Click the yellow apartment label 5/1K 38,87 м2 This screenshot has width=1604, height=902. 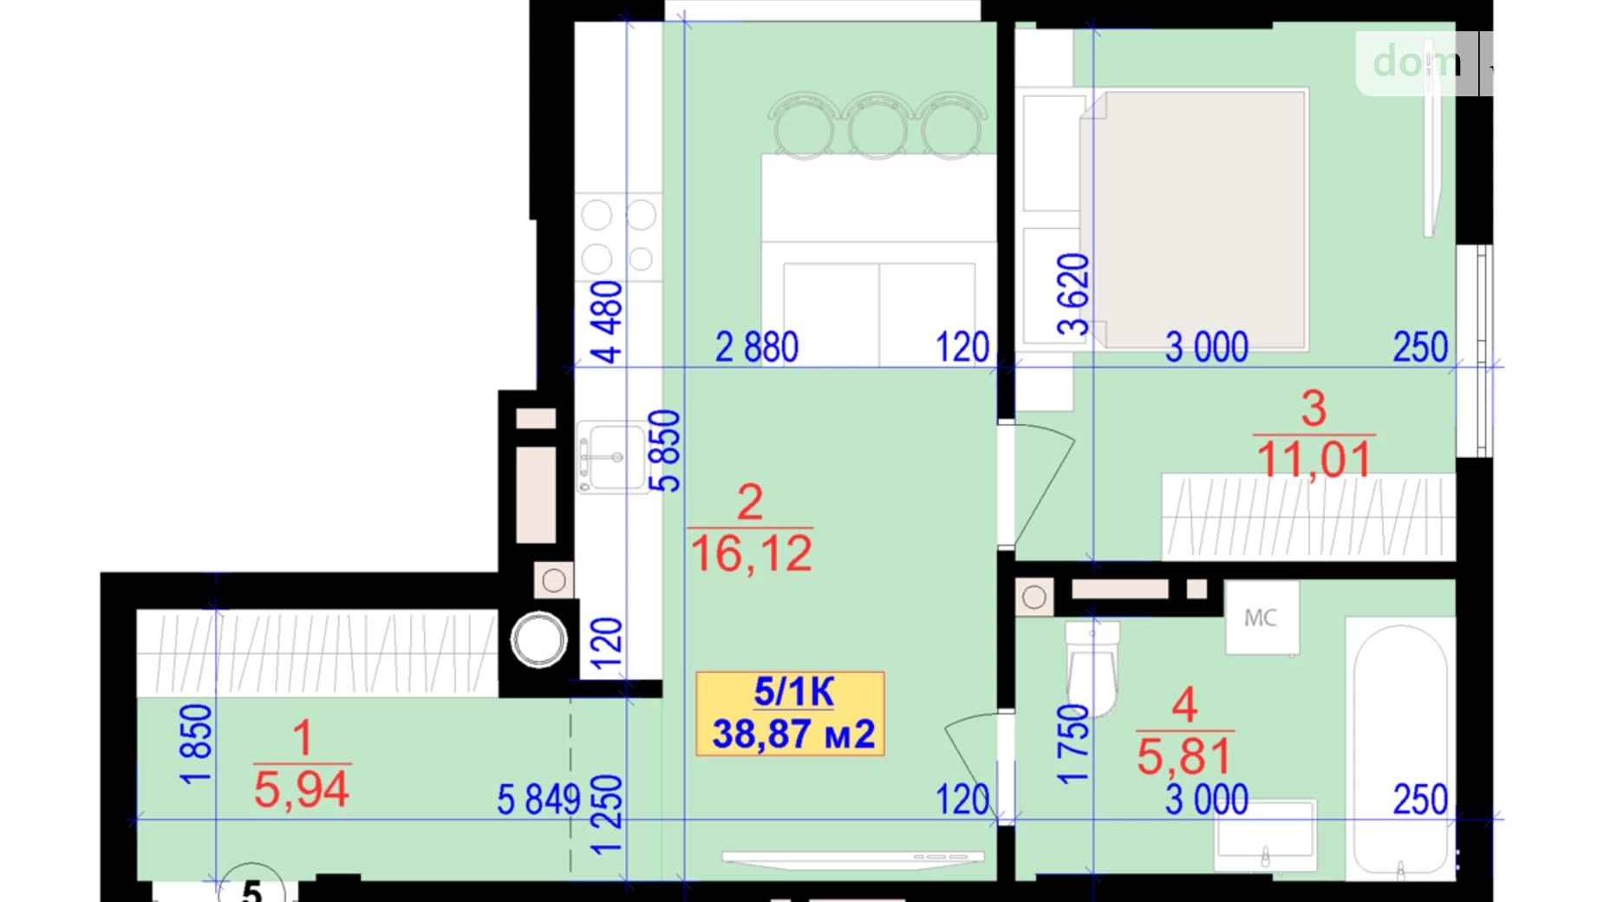pos(790,714)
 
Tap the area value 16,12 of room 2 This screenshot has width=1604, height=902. pos(751,554)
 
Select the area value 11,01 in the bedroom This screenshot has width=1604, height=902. pos(1314,460)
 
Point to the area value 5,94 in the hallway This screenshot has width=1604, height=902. pos(301,790)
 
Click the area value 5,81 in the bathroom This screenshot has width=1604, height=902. pos(1183,756)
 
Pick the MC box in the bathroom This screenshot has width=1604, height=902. pos(1261,618)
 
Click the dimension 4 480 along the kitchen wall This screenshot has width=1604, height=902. pos(607,322)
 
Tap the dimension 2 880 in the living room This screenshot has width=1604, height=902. pos(756,348)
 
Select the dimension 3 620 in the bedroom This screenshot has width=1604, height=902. pos(1073,294)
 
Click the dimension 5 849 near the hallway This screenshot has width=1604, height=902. pos(538,800)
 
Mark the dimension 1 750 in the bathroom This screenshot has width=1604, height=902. pos(1073,744)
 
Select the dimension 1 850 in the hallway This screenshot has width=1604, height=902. pos(196,744)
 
